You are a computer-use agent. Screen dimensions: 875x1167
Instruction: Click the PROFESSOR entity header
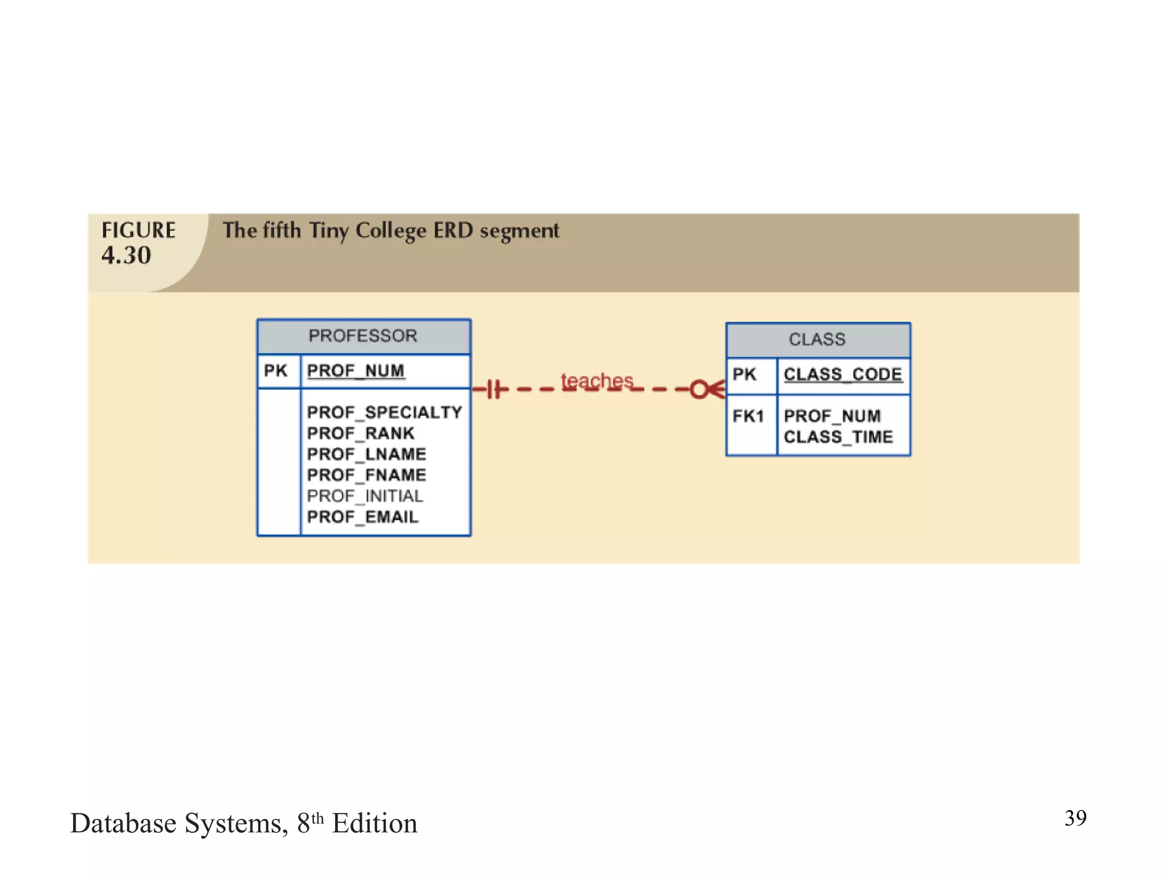click(363, 336)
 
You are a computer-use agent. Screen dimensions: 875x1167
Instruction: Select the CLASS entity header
click(817, 340)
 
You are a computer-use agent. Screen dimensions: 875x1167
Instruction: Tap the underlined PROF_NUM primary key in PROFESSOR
click(356, 371)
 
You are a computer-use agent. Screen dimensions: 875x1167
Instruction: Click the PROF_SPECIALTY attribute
click(384, 412)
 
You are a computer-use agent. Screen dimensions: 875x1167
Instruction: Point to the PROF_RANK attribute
click(360, 433)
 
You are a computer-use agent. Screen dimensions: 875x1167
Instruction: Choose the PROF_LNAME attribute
click(366, 454)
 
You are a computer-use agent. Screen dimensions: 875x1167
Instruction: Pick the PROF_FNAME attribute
click(366, 475)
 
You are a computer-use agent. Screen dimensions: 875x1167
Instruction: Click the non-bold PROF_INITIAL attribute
click(365, 496)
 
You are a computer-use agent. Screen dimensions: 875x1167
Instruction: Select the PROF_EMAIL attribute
click(362, 517)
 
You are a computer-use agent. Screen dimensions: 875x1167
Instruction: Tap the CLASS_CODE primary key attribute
click(843, 374)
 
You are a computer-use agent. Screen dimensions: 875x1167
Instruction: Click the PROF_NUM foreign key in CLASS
click(832, 416)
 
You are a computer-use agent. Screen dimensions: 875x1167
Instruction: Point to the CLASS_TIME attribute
click(838, 437)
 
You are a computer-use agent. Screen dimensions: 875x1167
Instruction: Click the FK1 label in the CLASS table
click(748, 416)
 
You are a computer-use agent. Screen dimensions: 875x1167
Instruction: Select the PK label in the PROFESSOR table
click(275, 371)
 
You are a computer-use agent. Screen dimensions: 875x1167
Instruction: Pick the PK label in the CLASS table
click(744, 374)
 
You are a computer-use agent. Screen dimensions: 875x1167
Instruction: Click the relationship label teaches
click(597, 380)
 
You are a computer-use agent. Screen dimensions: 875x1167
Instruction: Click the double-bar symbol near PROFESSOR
click(495, 390)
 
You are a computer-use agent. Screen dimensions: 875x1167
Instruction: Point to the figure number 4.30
click(127, 255)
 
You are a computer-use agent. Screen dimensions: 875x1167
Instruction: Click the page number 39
click(1075, 818)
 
